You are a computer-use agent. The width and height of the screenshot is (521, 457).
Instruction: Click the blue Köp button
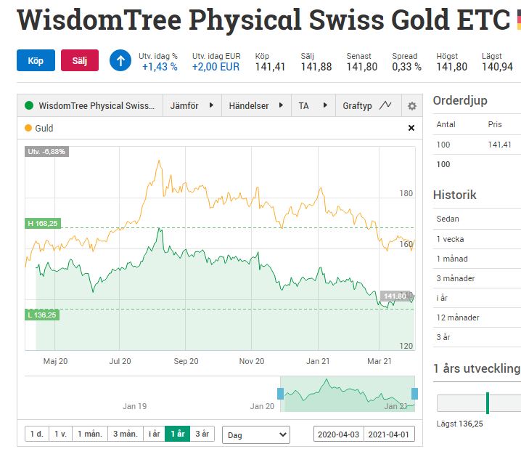point(36,60)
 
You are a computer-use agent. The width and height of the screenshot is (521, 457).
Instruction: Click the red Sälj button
point(80,60)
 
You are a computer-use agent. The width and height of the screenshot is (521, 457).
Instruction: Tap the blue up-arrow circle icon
point(120,60)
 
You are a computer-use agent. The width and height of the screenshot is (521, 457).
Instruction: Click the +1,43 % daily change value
point(160,67)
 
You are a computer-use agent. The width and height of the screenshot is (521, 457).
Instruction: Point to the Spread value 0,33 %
point(406,67)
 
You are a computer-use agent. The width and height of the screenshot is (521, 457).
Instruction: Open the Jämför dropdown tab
point(192,106)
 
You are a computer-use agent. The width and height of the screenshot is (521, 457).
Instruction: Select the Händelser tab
point(253,106)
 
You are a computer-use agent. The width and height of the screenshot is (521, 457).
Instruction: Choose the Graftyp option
point(366,106)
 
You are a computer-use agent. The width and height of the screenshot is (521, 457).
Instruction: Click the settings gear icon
point(412,106)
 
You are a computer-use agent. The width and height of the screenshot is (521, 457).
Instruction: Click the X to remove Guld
point(411,129)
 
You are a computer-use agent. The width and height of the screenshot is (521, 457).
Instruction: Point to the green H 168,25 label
point(42,224)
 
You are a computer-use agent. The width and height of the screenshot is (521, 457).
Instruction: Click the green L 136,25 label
point(42,315)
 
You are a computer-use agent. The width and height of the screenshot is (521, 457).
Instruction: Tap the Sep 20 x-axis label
point(186,361)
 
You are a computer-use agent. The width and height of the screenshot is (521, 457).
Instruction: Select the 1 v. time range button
point(60,434)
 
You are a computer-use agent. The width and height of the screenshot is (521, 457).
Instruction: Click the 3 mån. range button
point(125,434)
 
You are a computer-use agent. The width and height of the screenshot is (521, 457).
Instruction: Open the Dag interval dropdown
point(255,434)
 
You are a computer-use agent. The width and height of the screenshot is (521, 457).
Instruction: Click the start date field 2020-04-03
point(338,434)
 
